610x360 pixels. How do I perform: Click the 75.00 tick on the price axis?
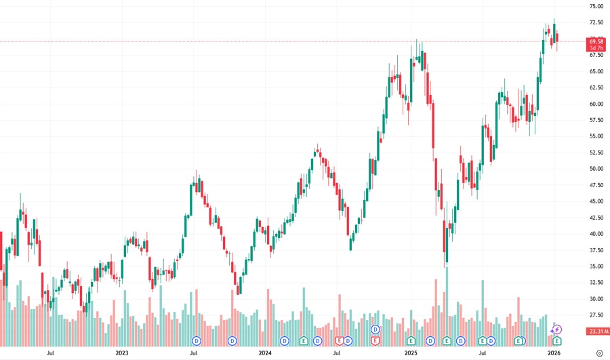pos(596,6)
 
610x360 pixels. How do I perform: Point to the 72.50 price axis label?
pos(596,22)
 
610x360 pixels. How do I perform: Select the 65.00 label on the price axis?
pos(596,71)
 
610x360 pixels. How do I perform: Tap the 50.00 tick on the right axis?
pos(596,169)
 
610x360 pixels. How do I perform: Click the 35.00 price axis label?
pos(596,266)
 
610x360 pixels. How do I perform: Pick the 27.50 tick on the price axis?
pos(596,315)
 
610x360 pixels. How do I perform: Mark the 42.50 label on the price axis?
pos(596,218)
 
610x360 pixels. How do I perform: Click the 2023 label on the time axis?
pos(122,353)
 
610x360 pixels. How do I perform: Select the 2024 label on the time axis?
pos(265,353)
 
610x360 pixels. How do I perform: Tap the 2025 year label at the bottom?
pos(410,353)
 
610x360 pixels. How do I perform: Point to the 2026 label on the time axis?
pos(554,353)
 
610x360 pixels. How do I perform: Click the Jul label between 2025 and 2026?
pos(483,353)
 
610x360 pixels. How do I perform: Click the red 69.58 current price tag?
pos(596,41)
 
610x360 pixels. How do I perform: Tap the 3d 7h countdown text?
pos(596,48)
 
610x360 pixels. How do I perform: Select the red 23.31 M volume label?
pos(596,332)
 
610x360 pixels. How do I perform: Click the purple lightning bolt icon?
pos(557,329)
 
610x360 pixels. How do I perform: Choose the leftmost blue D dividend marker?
pos(197,340)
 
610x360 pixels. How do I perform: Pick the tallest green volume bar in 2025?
pos(447,298)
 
